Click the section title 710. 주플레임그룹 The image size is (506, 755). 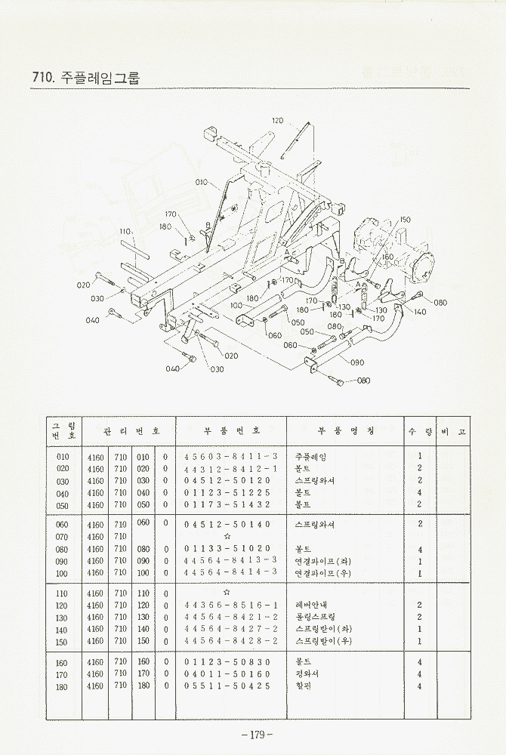tap(87, 77)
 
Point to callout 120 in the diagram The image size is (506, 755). tap(277, 121)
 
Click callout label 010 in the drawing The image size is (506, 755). tap(202, 183)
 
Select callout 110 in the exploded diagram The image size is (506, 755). tap(125, 231)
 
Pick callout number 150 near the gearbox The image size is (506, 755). tap(405, 219)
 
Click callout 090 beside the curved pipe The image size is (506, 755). tap(357, 362)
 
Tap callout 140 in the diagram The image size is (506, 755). tap(420, 311)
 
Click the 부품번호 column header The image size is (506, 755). tap(231, 430)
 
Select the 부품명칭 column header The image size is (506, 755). tap(345, 430)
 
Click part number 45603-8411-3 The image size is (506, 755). tap(231, 457)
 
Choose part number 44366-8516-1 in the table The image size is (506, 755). tap(231, 606)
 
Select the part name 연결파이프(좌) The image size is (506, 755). tap(322, 561)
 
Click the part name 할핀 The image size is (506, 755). tap(304, 686)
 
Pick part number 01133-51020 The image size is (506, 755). tap(227, 550)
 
